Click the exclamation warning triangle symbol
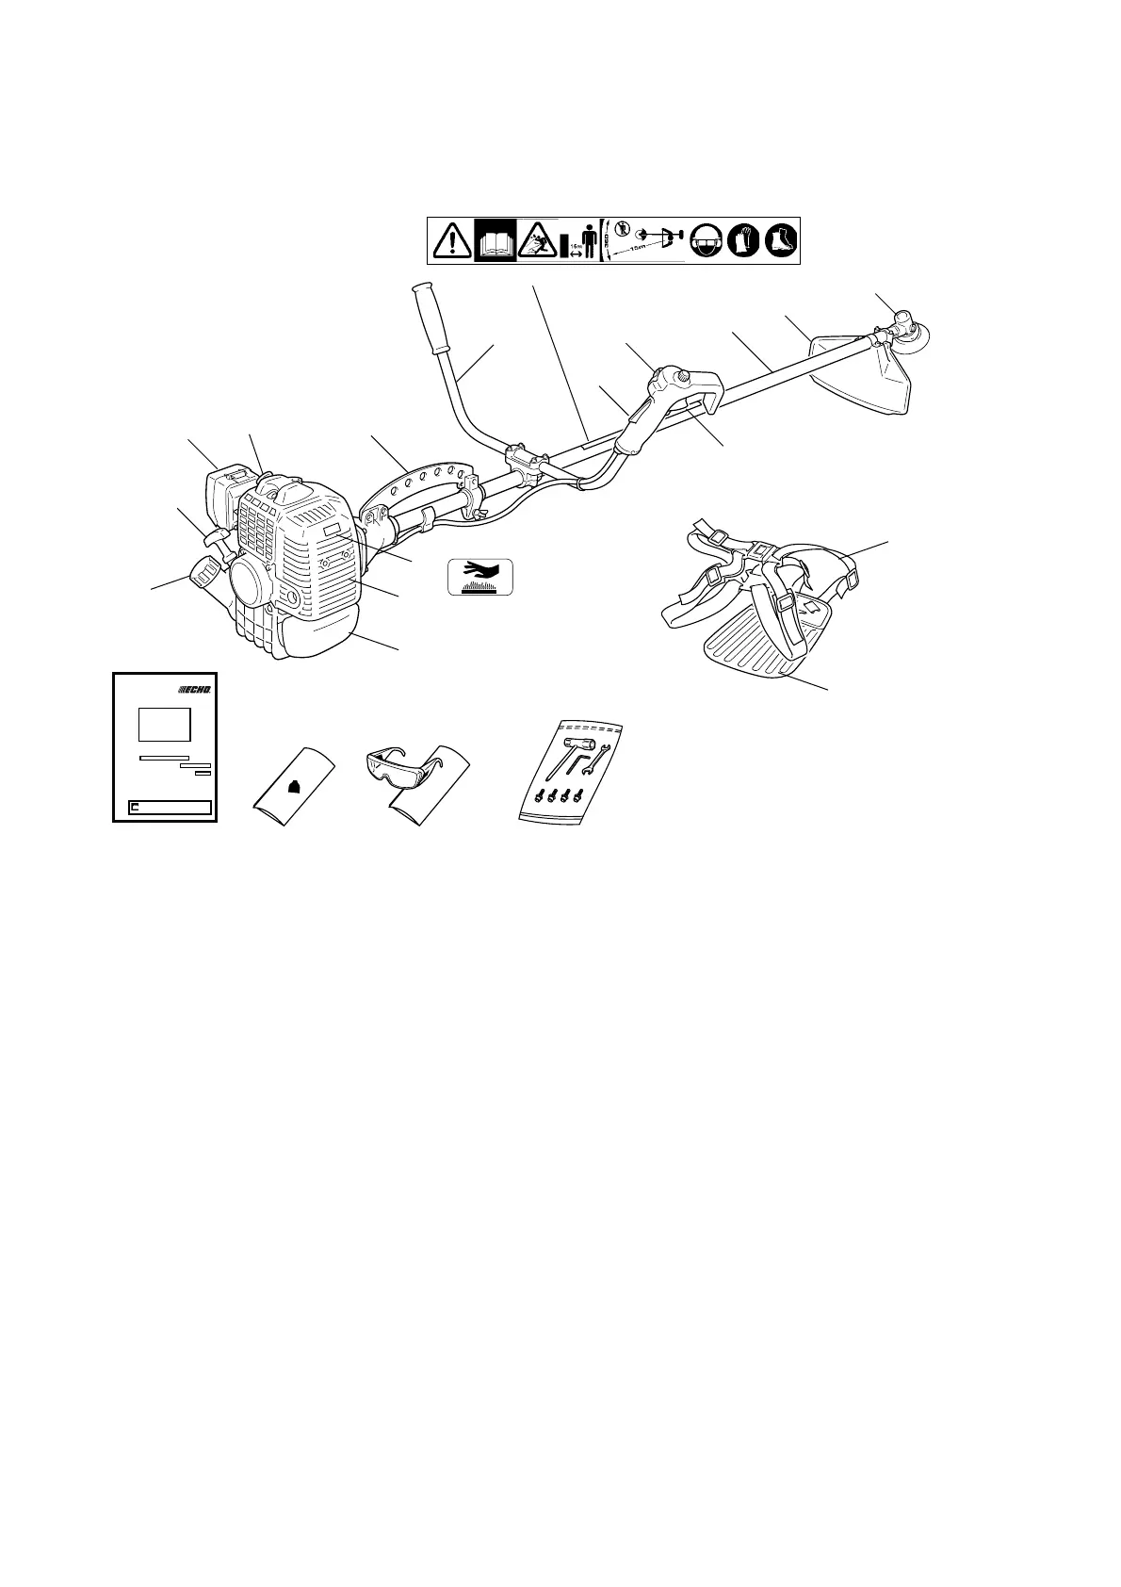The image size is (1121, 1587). pos(452,241)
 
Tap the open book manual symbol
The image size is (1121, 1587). pos(495,240)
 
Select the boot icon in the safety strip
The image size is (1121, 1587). pos(781,241)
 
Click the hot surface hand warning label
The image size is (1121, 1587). pos(480,576)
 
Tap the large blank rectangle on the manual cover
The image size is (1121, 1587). pos(165,726)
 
